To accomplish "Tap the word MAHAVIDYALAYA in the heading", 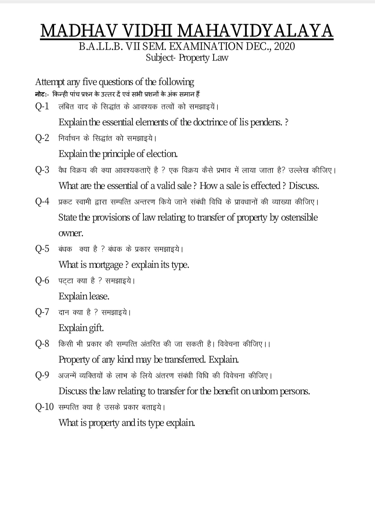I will point(256,31).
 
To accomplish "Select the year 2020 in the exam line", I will point(284,46).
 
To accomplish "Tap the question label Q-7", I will point(42,312).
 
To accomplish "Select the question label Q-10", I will point(44,407).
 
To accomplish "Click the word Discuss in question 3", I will point(304,186).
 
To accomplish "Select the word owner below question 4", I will point(71,234).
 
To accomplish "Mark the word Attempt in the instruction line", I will point(50,82).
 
